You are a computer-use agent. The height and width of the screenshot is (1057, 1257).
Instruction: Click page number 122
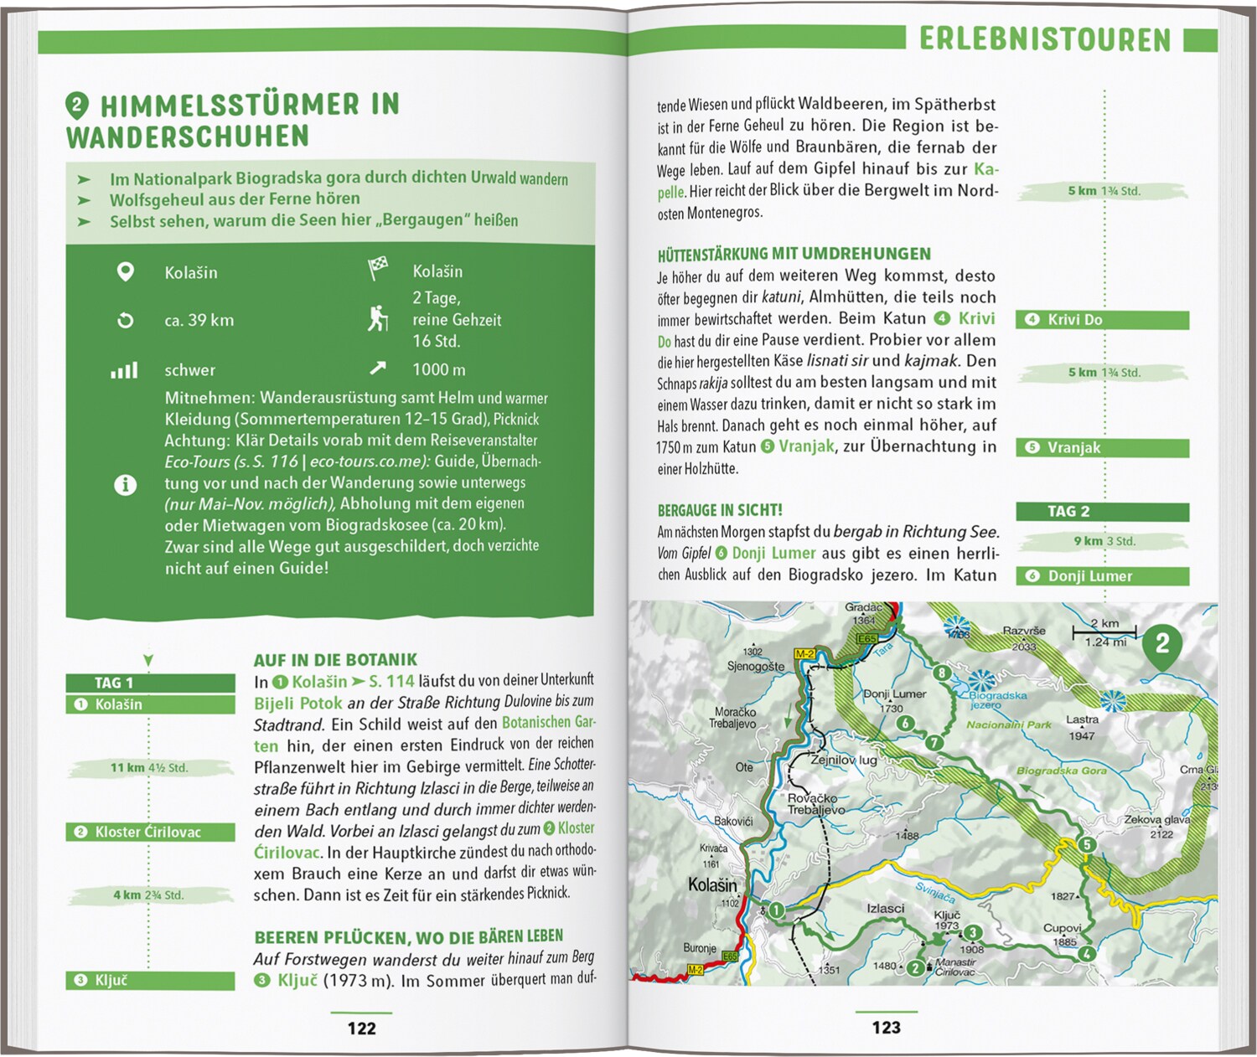361,1028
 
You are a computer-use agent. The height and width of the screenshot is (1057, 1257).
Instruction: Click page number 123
886,1028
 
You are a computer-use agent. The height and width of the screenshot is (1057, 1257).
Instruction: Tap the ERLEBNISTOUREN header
1044,39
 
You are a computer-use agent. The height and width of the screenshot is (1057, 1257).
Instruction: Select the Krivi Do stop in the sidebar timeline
1101,320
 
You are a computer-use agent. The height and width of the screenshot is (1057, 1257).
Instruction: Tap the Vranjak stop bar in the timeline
1101,448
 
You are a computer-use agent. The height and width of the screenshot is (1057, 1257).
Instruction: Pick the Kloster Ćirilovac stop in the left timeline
149,832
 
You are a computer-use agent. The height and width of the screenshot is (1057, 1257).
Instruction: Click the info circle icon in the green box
125,484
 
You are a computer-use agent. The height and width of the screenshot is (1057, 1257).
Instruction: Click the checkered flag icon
378,269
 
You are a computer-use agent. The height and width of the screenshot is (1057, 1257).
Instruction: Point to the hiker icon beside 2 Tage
378,319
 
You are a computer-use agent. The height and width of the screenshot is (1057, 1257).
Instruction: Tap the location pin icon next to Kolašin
125,272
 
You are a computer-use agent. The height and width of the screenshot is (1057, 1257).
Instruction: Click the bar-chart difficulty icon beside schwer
124,370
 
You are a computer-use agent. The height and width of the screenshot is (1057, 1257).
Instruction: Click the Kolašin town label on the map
712,884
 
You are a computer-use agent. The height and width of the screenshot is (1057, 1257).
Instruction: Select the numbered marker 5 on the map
1086,844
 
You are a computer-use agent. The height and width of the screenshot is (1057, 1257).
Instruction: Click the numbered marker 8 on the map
942,673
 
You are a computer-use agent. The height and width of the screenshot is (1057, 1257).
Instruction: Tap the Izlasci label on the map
885,908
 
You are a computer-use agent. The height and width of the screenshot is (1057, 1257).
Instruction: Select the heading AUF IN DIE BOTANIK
335,660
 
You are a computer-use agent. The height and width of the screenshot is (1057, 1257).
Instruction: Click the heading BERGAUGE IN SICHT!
720,510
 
